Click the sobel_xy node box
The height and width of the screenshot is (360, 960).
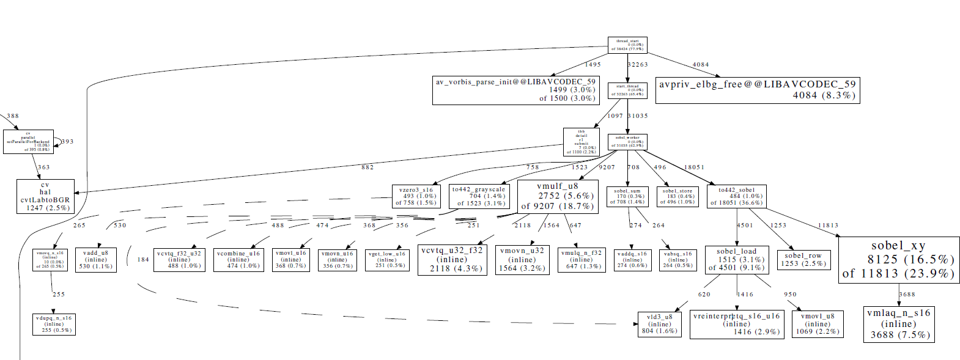click(898, 260)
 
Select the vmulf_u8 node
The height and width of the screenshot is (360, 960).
click(558, 196)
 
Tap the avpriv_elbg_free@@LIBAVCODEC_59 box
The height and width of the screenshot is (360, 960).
click(758, 90)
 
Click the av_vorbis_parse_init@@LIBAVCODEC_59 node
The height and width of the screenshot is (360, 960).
click(515, 90)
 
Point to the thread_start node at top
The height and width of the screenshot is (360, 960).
click(627, 45)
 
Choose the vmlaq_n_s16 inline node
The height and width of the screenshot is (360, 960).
click(899, 324)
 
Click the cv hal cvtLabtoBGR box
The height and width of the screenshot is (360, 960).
click(45, 196)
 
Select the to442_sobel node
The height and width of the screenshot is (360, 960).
click(736, 196)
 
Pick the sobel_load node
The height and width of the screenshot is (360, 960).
click(737, 259)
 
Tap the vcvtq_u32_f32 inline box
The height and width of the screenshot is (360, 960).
click(452, 259)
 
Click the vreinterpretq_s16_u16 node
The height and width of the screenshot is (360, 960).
click(737, 324)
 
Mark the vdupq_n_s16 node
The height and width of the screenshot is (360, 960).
click(54, 324)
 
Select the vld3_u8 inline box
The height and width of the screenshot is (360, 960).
click(659, 324)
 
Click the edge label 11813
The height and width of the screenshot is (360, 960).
click(829, 226)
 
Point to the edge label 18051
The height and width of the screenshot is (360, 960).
click(695, 167)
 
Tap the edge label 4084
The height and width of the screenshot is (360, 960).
click(701, 65)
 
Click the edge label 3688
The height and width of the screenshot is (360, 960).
click(907, 295)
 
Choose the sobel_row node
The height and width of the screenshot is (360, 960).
click(803, 259)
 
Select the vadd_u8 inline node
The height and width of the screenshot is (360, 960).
click(95, 259)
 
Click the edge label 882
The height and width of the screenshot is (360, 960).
click(367, 167)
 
